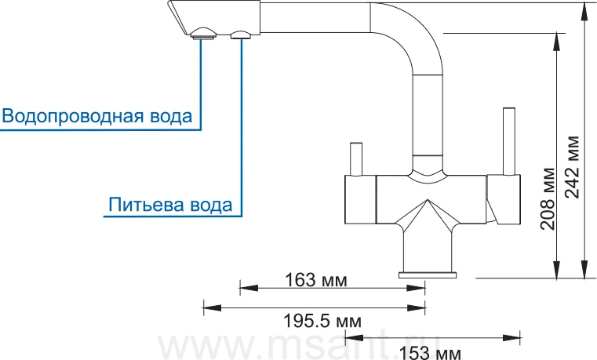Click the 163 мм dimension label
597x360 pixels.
point(316,281)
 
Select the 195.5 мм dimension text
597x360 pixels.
point(322,322)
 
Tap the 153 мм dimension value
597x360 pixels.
point(430,353)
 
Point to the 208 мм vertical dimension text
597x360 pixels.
point(548,198)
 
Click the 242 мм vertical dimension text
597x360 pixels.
point(572,167)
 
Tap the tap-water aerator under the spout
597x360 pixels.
point(203,34)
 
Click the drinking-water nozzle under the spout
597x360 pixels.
point(241,35)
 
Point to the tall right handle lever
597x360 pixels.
point(509,141)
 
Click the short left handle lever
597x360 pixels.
point(355,159)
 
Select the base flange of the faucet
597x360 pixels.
point(428,275)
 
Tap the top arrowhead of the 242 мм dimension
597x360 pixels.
point(584,12)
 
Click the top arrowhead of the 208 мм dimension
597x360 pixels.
point(556,42)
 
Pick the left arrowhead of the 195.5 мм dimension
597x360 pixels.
point(212,307)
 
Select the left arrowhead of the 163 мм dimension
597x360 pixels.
point(249,288)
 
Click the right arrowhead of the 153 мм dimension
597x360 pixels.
point(511,337)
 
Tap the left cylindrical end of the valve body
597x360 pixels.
point(360,199)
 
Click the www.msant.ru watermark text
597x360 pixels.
point(299,346)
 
